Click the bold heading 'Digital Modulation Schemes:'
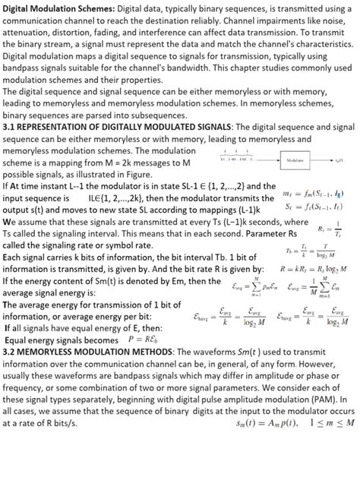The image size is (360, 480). [x=58, y=8]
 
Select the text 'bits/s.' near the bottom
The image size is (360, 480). [x=83, y=422]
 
